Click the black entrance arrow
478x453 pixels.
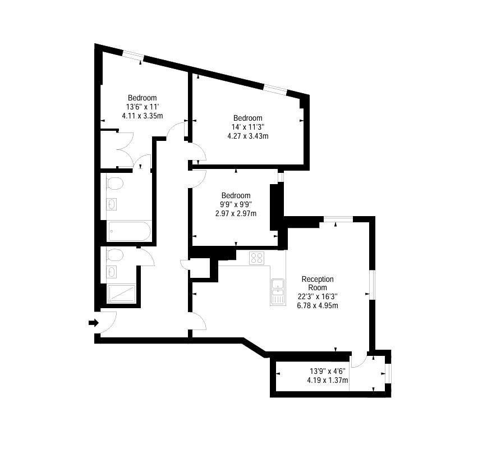(94, 322)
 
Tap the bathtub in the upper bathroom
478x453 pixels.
(129, 231)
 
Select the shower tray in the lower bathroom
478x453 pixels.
(121, 294)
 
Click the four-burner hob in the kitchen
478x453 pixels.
(257, 258)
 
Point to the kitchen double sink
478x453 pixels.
(278, 292)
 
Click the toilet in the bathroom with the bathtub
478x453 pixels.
(114, 184)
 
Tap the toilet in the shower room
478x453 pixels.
(114, 255)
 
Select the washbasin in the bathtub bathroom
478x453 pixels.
(111, 204)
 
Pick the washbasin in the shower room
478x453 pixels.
(111, 272)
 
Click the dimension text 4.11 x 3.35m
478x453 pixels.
(143, 116)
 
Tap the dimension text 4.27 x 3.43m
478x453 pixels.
(248, 136)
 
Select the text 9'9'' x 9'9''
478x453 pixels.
(236, 204)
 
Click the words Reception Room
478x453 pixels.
(318, 283)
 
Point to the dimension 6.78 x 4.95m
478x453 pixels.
(318, 305)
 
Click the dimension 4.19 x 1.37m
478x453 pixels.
(328, 381)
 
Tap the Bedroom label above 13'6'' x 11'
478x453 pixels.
(143, 98)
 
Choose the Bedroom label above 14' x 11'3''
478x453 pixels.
(248, 118)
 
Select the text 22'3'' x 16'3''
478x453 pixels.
(318, 296)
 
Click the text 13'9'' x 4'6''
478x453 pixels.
(328, 371)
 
